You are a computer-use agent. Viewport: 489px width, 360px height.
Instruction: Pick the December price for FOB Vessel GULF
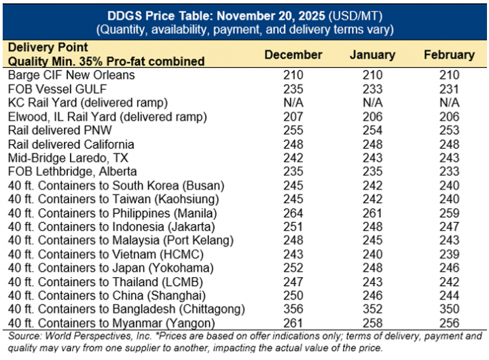pyautogui.click(x=293, y=88)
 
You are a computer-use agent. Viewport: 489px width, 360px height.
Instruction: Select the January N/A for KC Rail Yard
pyautogui.click(x=372, y=103)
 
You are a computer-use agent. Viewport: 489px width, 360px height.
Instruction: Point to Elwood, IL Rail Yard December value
pyautogui.click(x=293, y=116)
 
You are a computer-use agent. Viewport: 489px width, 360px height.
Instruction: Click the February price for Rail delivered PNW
pyautogui.click(x=448, y=130)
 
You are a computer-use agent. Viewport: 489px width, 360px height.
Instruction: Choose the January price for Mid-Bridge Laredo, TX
pyautogui.click(x=372, y=158)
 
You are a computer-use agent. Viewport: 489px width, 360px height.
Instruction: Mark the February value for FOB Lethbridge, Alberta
pyautogui.click(x=448, y=171)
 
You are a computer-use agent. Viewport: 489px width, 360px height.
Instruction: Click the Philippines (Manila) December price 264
pyautogui.click(x=293, y=213)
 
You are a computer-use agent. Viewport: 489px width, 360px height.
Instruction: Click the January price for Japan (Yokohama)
pyautogui.click(x=372, y=267)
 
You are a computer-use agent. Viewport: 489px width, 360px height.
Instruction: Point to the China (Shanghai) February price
pyautogui.click(x=448, y=295)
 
